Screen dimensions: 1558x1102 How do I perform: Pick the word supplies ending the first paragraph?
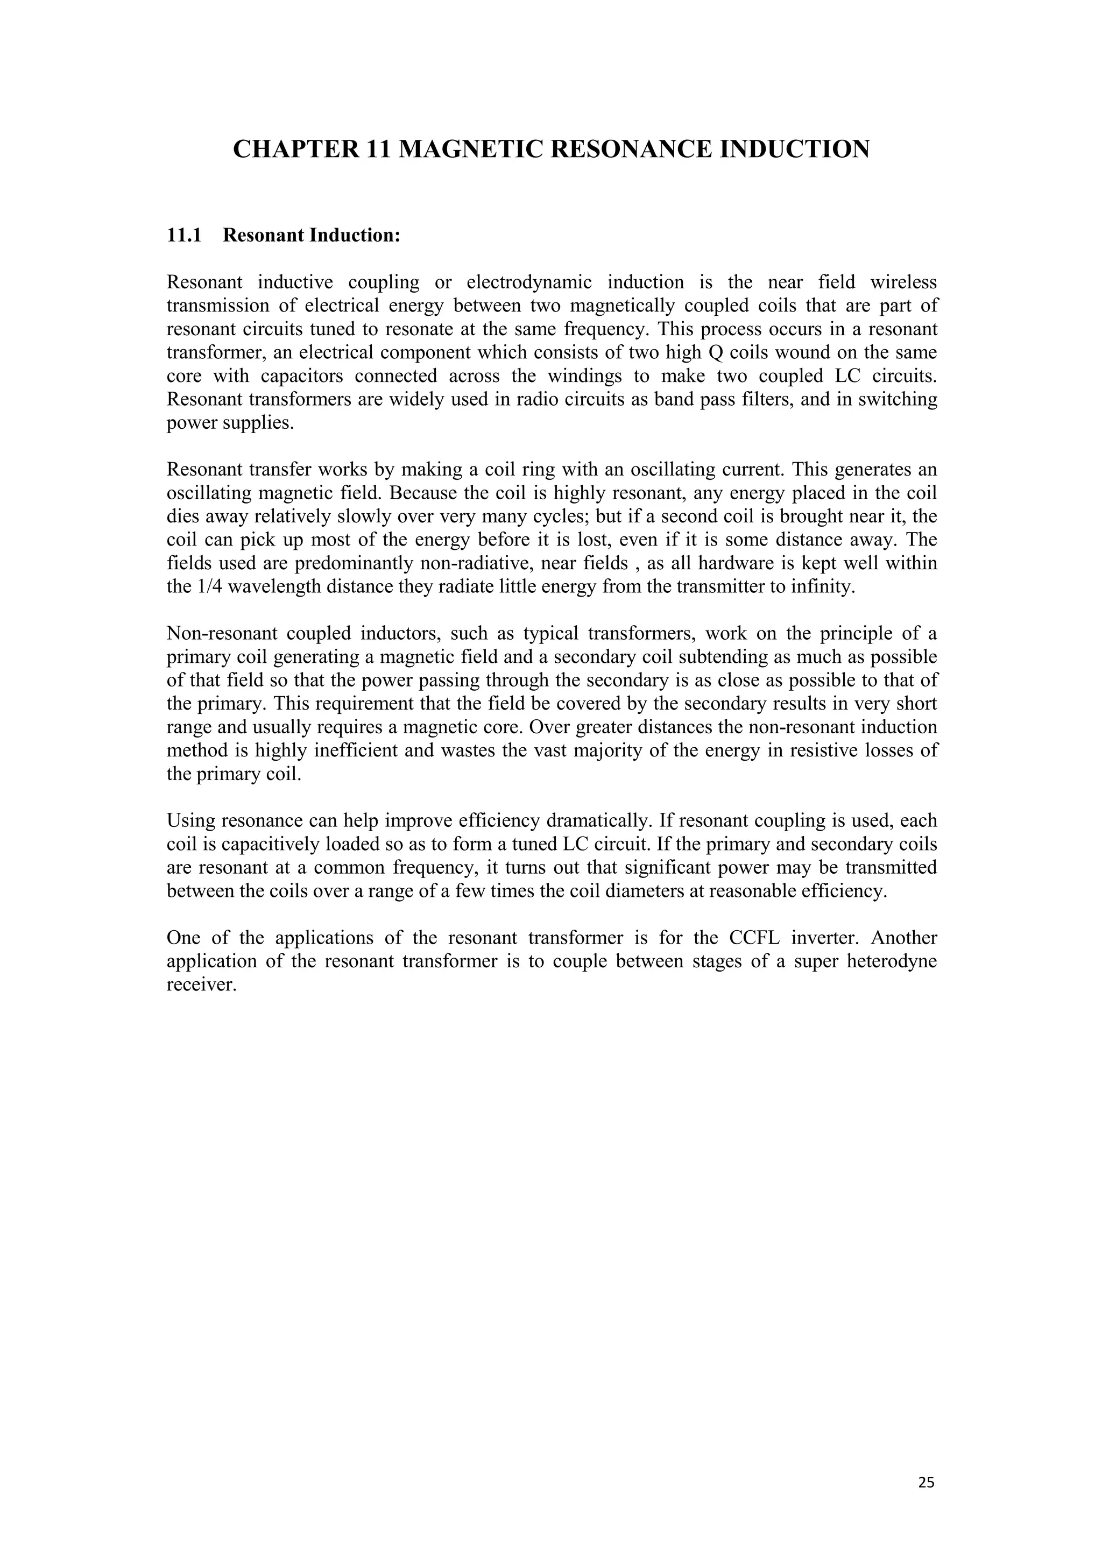pos(260,423)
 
